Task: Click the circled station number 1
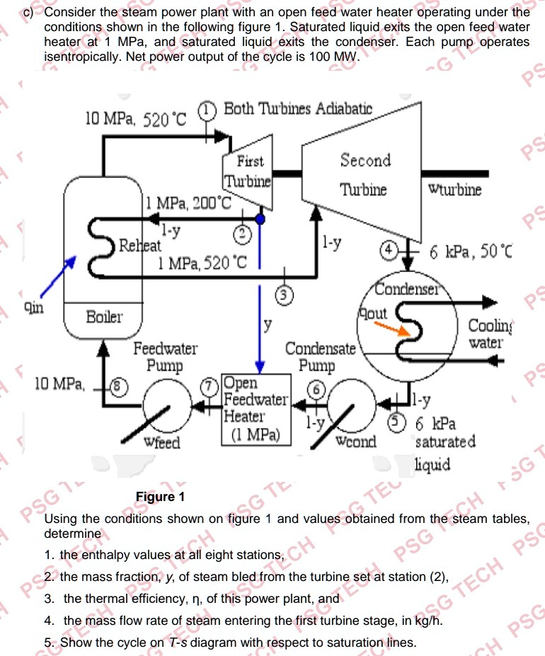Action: tap(205, 110)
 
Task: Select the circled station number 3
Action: tap(285, 292)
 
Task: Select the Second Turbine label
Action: tap(365, 174)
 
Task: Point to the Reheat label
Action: tap(139, 246)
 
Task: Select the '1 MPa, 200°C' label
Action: tap(188, 204)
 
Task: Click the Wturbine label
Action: tap(455, 190)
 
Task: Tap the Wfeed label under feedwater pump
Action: tap(161, 444)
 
